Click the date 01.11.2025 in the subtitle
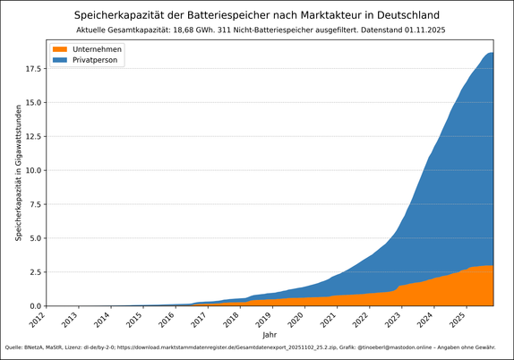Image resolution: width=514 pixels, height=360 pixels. pyautogui.click(x=416, y=30)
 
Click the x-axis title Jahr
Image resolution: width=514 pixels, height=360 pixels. pyautogui.click(x=270, y=334)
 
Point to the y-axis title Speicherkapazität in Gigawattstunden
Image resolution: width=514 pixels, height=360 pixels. pyautogui.click(x=18, y=172)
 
